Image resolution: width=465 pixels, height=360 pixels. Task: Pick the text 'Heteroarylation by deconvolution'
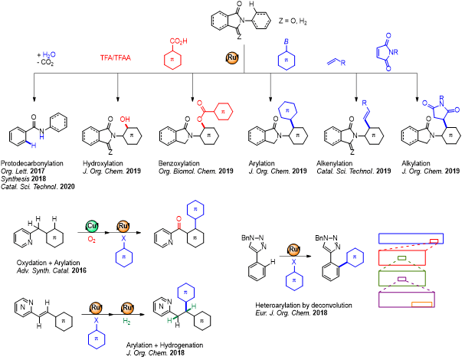click(x=296, y=304)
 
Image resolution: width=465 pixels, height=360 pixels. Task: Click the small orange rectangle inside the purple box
click(x=421, y=305)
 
